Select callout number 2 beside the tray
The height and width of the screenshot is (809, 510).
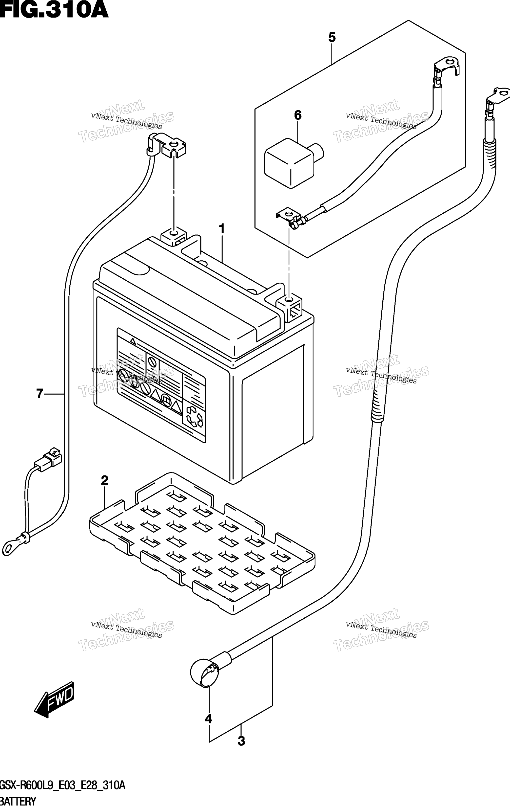click(104, 480)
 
